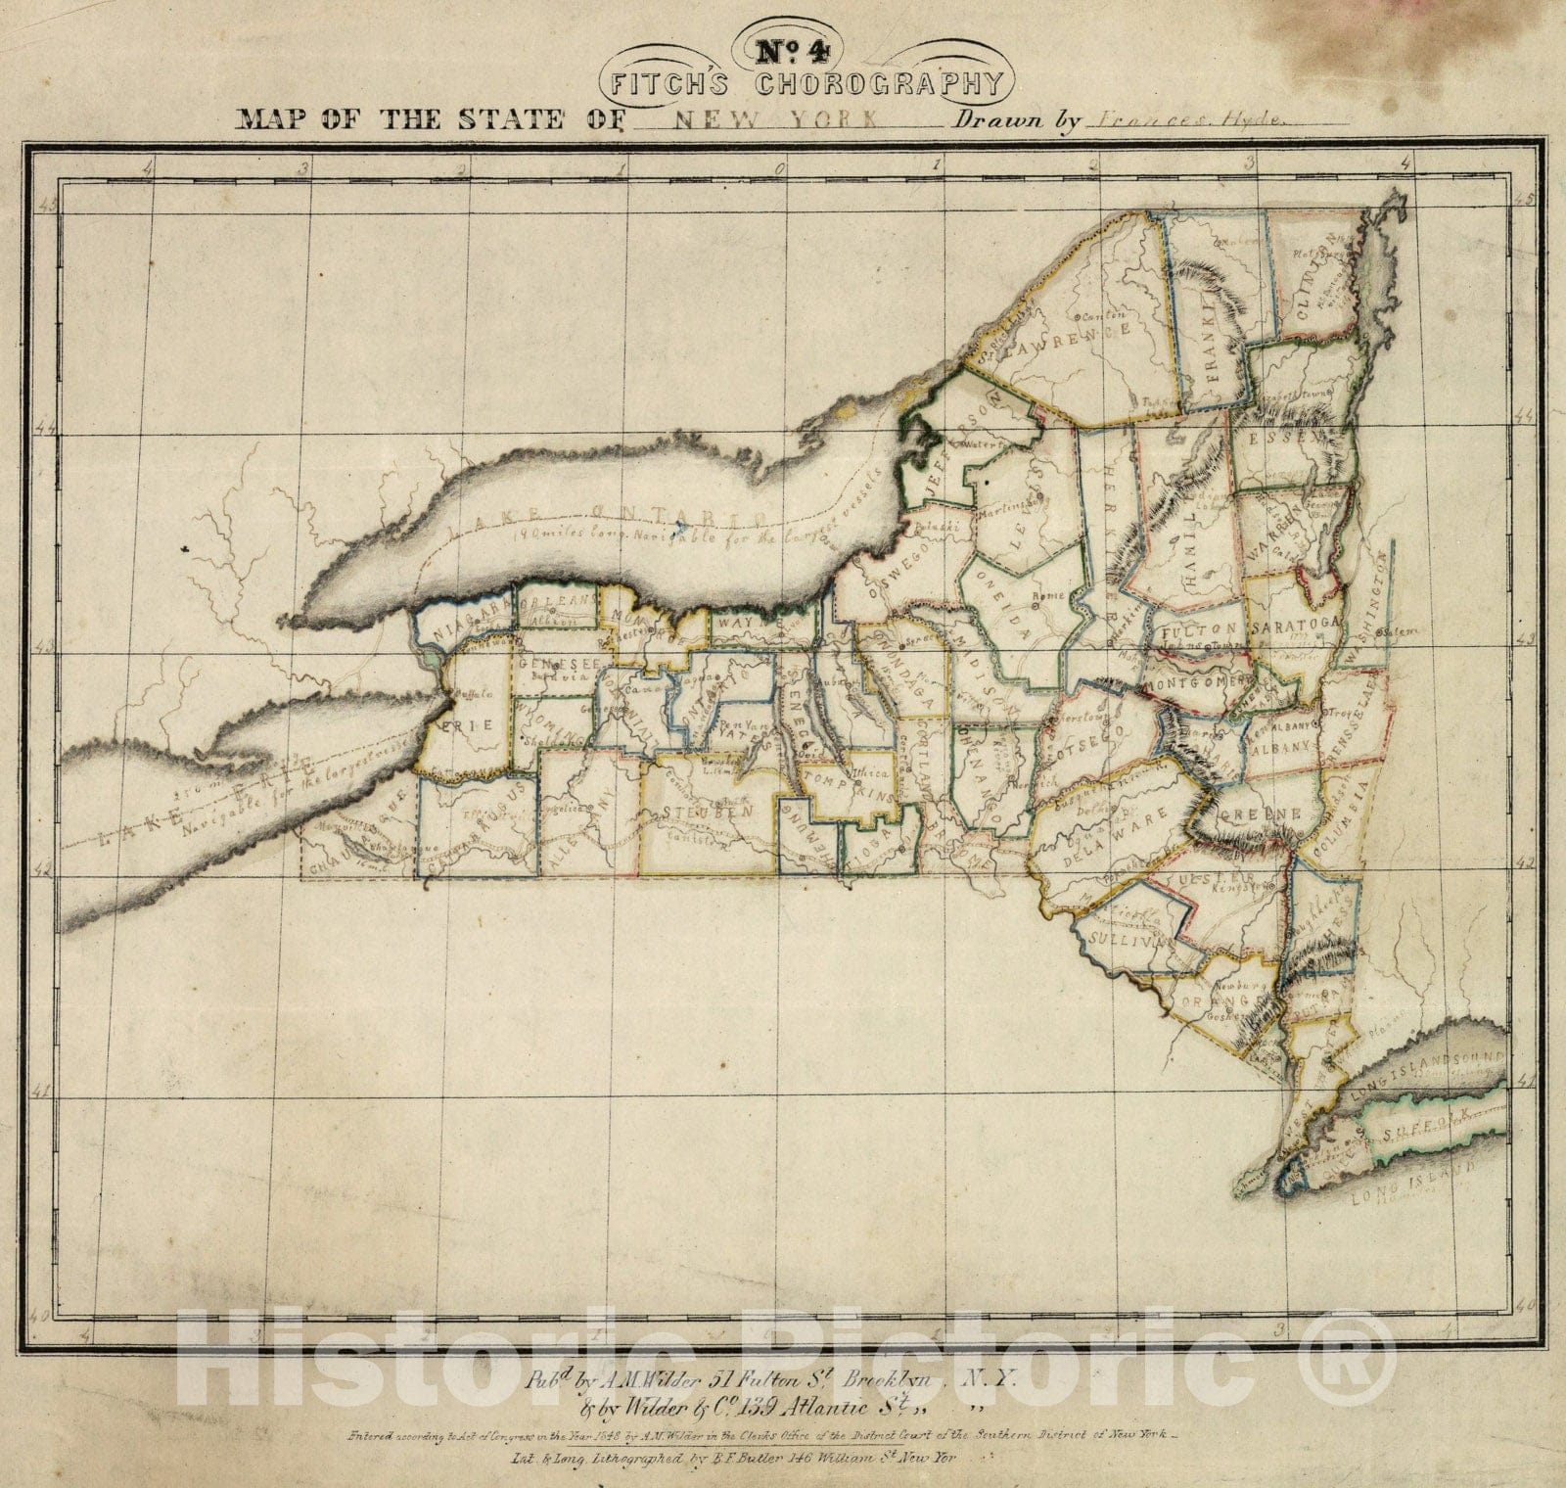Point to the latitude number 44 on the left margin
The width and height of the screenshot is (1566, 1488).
tap(44, 429)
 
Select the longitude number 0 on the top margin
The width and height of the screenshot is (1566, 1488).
tap(780, 167)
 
